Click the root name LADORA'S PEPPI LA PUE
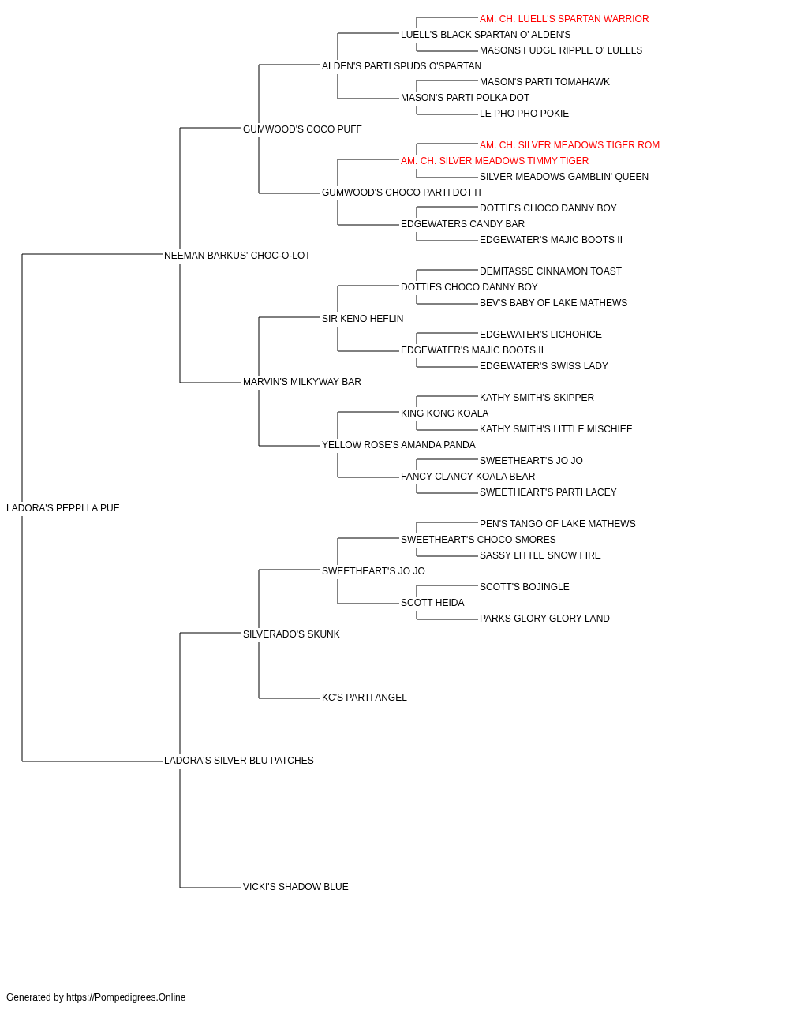(63, 508)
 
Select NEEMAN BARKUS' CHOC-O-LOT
(237, 256)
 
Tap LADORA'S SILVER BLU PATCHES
(239, 761)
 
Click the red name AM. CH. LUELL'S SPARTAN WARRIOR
(564, 19)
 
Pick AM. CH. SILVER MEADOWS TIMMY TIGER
(495, 161)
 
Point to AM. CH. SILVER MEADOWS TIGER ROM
(569, 145)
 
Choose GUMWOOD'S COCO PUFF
(302, 129)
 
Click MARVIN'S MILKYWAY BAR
(302, 382)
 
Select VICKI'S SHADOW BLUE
(296, 887)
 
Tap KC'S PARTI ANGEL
(365, 698)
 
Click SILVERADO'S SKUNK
(291, 634)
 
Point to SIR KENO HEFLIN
(362, 319)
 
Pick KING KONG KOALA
(445, 413)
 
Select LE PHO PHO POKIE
(524, 114)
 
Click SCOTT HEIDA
(432, 603)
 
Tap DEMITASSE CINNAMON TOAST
(551, 271)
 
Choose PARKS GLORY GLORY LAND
(544, 619)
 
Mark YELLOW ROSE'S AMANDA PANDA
(398, 445)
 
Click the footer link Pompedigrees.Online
(126, 997)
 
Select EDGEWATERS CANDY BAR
(463, 224)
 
